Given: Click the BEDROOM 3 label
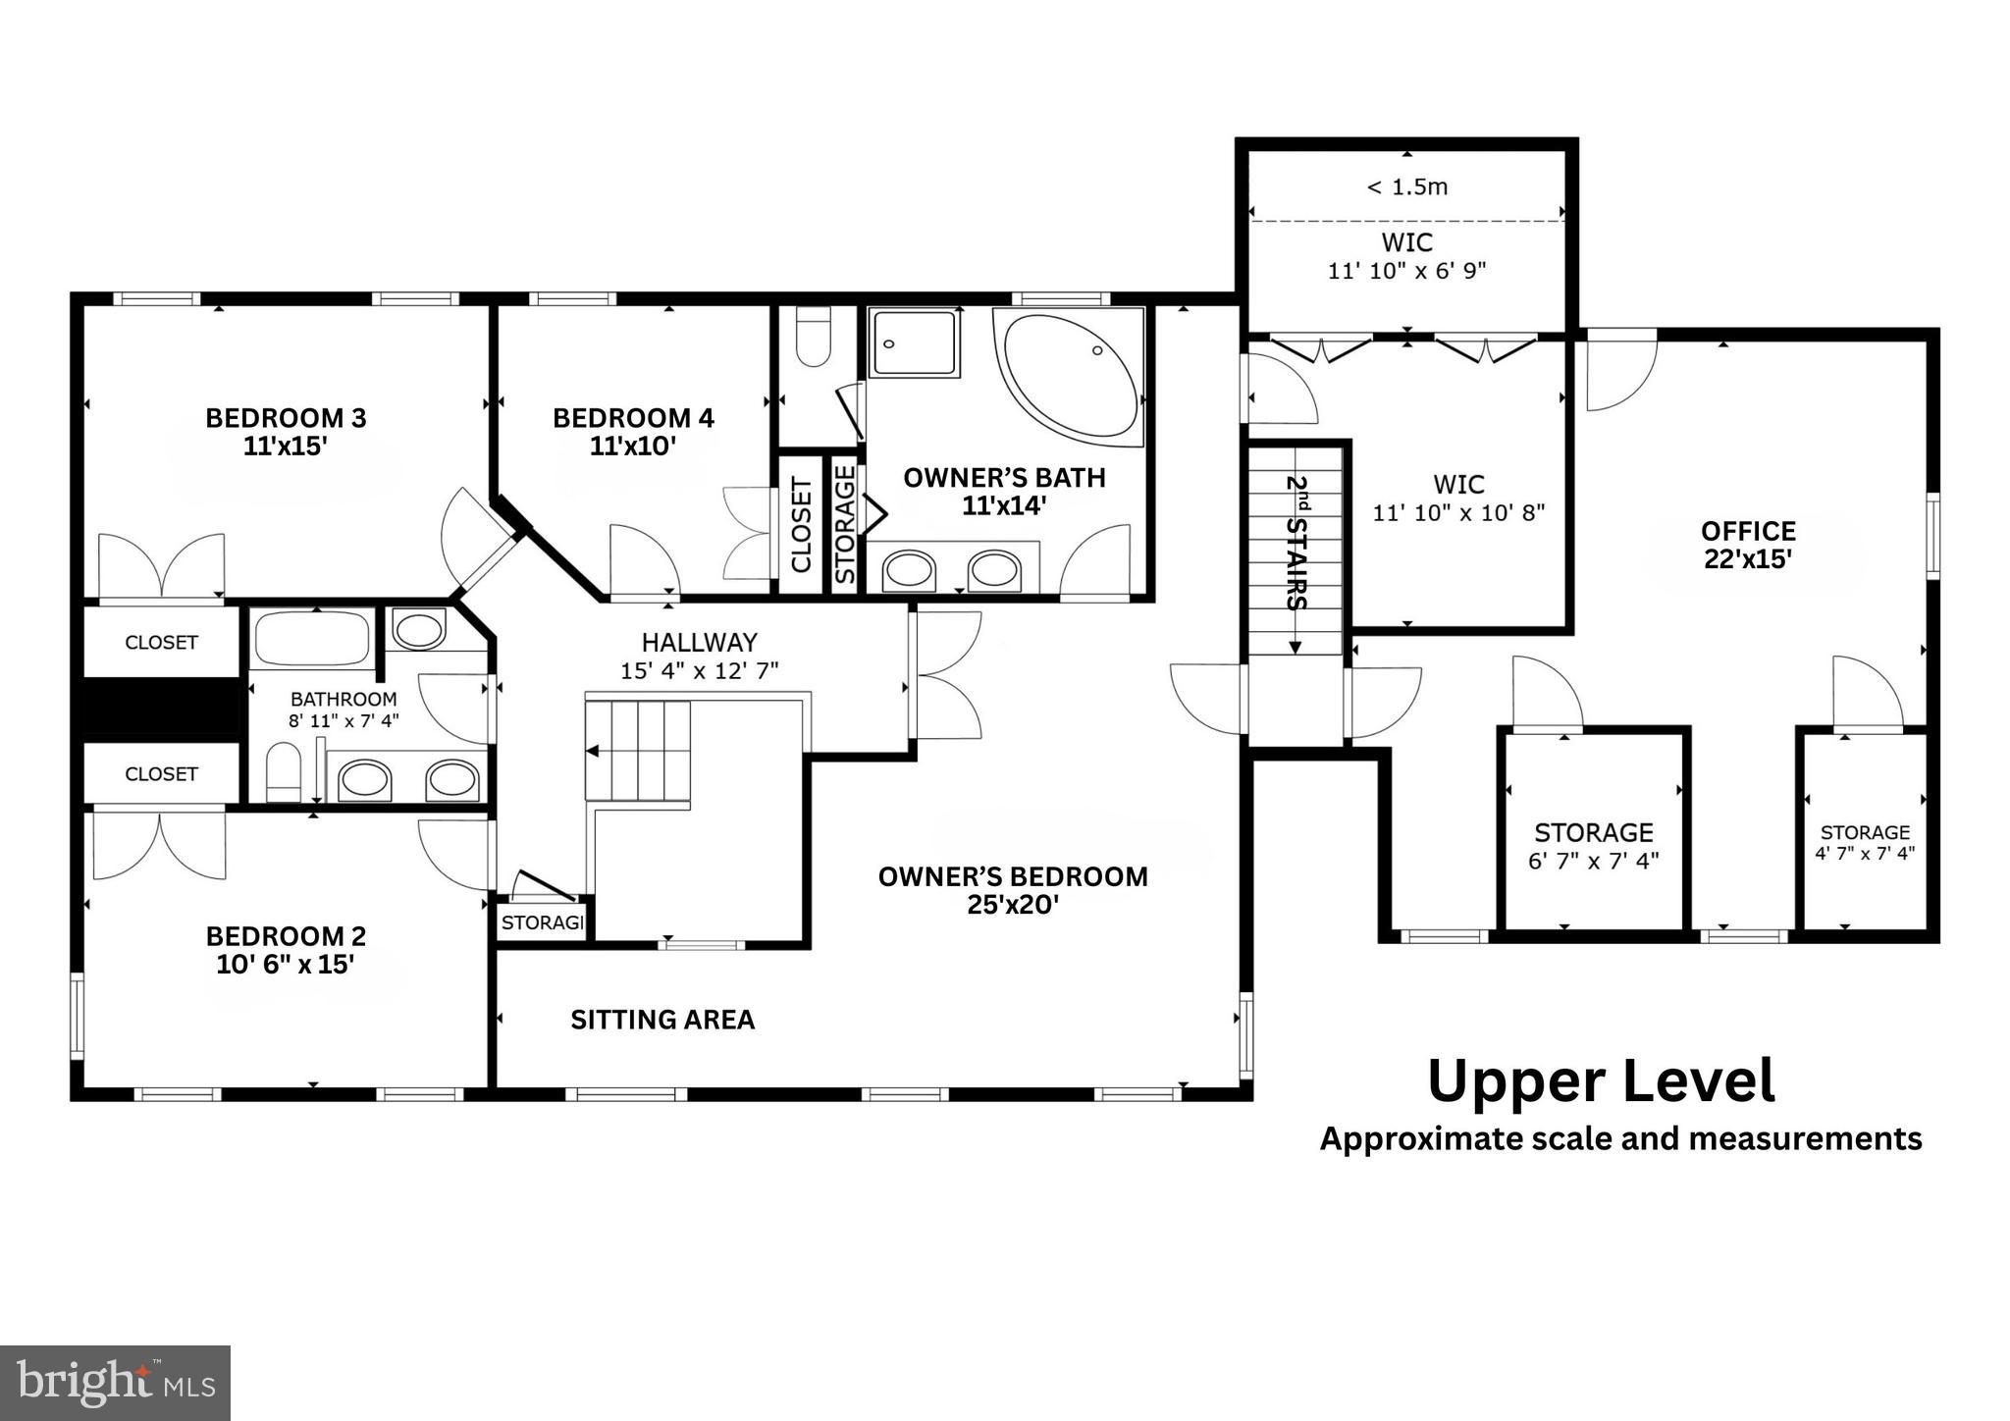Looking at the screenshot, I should pos(285,418).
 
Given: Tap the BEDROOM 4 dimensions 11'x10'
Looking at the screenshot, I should pos(633,447).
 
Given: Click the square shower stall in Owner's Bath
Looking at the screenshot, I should pos(914,342).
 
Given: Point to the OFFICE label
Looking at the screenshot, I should pos(1748,531).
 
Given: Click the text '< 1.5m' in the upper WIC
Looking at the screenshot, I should pos(1406,186).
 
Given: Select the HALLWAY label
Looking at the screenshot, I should pos(699,643).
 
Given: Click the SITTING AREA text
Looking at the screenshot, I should pos(662,1020).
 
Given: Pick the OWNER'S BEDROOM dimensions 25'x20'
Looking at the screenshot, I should pos(1012,905).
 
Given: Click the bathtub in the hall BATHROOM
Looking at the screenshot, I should pos(312,639).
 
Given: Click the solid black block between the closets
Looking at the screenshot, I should pos(161,709).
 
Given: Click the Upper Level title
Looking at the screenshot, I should pos(1601,1081).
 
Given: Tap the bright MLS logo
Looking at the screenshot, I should pos(115,1384).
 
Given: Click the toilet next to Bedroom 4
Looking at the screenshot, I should pos(813,336).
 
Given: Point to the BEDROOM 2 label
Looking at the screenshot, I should pos(285,936).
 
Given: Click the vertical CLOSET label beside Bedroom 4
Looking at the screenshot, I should pos(801,525).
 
